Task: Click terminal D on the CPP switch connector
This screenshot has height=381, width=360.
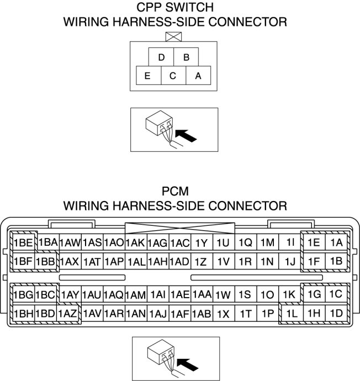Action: click(x=161, y=57)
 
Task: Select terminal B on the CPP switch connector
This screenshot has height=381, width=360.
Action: click(x=187, y=57)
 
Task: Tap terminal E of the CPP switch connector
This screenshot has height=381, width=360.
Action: click(x=147, y=76)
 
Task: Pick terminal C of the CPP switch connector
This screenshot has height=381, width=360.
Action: click(x=173, y=76)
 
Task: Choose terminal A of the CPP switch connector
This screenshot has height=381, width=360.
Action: click(x=198, y=76)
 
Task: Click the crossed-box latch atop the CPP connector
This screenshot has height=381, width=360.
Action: click(x=173, y=36)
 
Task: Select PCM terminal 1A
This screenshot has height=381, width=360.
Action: click(x=336, y=242)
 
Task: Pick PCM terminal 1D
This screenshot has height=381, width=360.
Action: click(x=336, y=314)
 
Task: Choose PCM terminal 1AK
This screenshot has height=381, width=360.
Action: click(x=135, y=242)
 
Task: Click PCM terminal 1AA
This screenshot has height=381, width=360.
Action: click(x=202, y=295)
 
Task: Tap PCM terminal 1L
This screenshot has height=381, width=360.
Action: click(x=292, y=314)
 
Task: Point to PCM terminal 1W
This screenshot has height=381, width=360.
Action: click(x=224, y=295)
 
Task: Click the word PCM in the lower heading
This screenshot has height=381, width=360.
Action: click(x=176, y=192)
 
